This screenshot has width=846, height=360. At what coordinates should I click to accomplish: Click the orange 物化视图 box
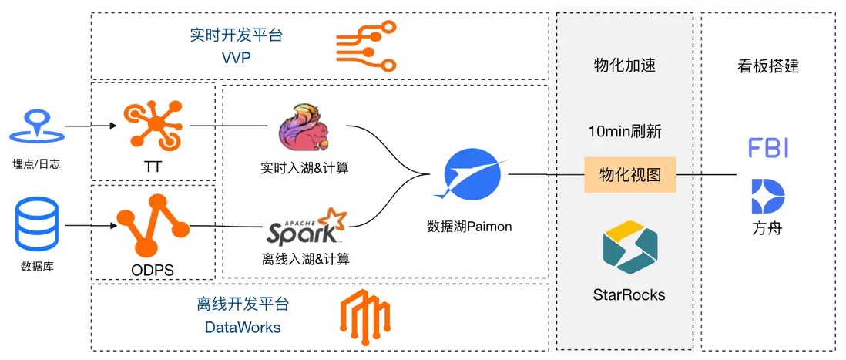[x=629, y=175]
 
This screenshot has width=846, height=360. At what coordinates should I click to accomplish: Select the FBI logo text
[x=767, y=148]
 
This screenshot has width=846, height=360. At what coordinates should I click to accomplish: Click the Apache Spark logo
[x=302, y=227]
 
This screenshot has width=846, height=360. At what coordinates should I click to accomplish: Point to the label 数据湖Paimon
[x=469, y=227]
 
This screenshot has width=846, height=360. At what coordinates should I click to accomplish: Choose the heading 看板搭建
[x=767, y=66]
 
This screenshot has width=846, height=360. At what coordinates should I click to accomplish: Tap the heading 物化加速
[x=625, y=66]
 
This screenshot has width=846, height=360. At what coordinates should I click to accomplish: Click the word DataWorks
[x=243, y=327]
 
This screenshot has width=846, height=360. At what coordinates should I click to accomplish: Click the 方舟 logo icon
[x=767, y=196]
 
